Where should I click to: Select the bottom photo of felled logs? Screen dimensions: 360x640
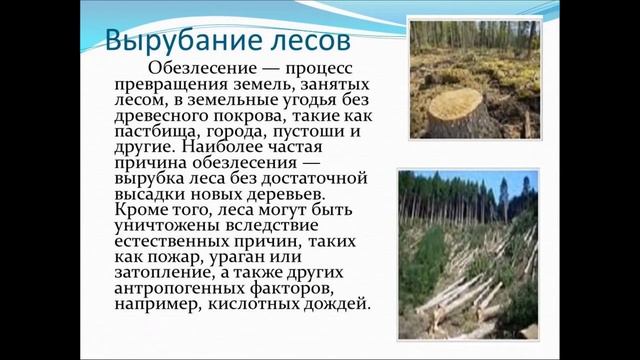[467, 254]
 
